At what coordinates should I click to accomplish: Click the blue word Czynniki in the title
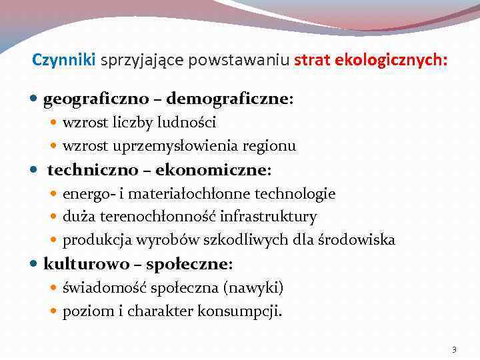tap(64, 60)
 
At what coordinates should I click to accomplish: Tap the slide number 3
tap(454, 349)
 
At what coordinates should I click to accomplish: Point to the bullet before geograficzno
tap(35, 100)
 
